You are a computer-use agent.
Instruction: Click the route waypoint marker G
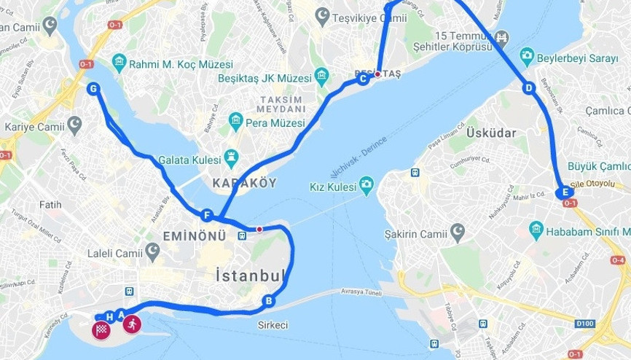point(93,89)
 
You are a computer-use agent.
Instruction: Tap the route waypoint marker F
point(208,216)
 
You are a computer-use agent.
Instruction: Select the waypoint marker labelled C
point(362,79)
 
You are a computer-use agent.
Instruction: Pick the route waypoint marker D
point(529,88)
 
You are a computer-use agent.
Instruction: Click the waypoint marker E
point(562,193)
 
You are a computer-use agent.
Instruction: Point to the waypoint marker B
point(269,300)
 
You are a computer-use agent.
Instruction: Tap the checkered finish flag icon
point(101,330)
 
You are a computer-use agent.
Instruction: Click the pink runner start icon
point(132,325)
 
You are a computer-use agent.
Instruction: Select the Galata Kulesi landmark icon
point(232,156)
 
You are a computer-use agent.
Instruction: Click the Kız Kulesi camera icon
point(366,186)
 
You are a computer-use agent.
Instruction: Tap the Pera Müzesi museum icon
point(235,121)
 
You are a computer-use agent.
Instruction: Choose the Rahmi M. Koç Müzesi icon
point(119,63)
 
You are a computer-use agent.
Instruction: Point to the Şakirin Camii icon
point(458,233)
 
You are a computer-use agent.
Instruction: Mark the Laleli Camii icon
point(152,253)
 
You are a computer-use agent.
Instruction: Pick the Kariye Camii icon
point(74,125)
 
